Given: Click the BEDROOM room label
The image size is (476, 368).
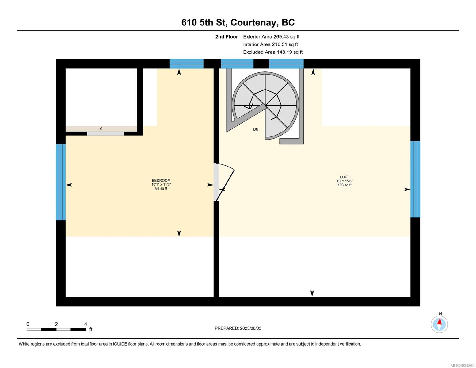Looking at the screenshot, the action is pos(161,180).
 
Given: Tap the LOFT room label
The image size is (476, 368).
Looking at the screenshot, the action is pos(344,177).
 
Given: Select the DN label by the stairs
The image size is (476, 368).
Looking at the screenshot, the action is pos(256,129).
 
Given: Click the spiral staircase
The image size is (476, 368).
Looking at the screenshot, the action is pos(265,105).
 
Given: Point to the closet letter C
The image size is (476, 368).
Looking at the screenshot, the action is pos(101,129).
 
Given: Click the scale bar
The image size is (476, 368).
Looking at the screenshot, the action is pos(56,329).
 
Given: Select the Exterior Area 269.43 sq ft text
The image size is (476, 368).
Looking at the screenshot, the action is pos(271,37).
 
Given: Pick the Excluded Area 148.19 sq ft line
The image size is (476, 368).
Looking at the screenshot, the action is pos(273,52).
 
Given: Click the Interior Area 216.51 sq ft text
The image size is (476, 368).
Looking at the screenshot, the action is pos(270,44).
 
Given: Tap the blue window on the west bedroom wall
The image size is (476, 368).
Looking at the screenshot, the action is pos(61,182).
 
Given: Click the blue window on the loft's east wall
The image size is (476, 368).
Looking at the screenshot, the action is pos(415,179).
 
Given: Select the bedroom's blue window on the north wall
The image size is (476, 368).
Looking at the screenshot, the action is pos(187,63).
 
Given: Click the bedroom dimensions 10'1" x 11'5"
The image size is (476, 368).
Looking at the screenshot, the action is pos(161,184).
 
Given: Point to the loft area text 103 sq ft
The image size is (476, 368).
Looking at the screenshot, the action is pos(344,185).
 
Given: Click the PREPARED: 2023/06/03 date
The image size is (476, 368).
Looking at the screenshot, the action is pos(238,328).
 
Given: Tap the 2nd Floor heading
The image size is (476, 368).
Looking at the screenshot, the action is pos(227,37).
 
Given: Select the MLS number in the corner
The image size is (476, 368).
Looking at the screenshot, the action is pos(462,366).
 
